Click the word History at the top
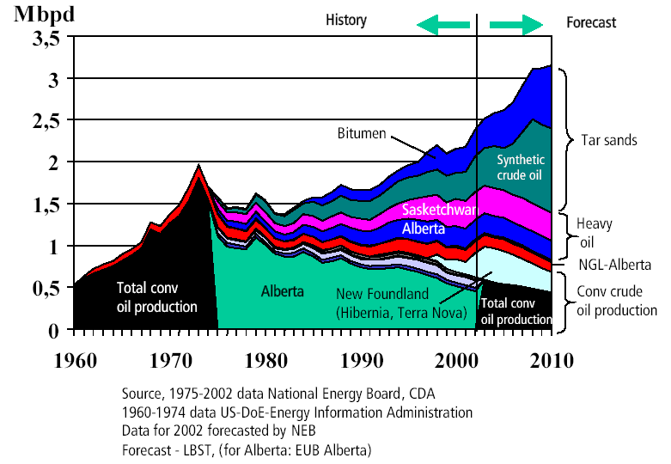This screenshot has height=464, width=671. [x=346, y=20]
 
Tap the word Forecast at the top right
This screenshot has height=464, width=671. [x=591, y=23]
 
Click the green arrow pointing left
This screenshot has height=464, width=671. [x=444, y=24]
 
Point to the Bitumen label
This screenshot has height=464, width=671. [x=362, y=134]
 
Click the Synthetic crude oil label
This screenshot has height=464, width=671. [x=521, y=167]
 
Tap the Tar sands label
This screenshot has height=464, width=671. [x=609, y=139]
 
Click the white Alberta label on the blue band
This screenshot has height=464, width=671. [x=423, y=229]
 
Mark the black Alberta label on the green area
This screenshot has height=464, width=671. [x=282, y=291]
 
